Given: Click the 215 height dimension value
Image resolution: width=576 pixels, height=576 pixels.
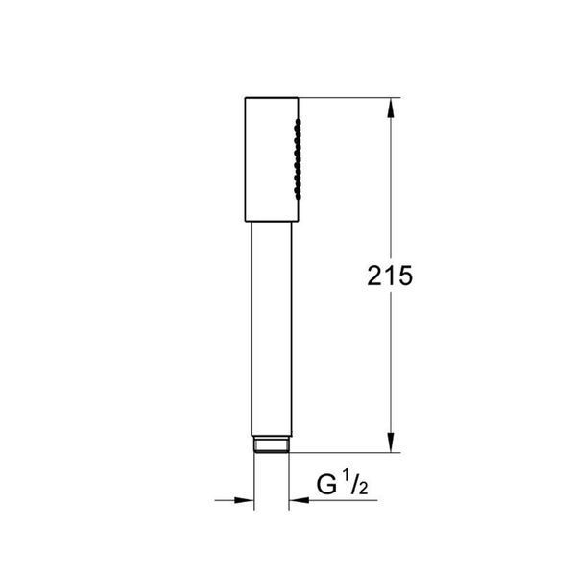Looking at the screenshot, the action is coord(390,276).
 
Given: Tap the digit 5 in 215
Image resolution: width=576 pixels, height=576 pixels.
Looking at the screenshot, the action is coord(405,276).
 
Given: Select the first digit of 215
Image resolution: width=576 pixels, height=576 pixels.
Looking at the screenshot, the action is coord(374,276).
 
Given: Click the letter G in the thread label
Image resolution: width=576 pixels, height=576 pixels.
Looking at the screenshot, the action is coord(326,485).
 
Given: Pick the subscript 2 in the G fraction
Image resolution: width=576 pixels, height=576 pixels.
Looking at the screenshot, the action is coord(363,489).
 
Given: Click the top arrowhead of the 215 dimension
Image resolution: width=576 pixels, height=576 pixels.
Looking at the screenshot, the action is coord(391,108).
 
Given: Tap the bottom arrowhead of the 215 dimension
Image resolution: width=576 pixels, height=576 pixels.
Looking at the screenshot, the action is coord(391,443).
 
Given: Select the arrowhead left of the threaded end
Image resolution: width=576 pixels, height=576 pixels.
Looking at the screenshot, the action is coord(244,500).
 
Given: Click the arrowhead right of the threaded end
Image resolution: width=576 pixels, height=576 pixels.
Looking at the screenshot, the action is coord(299,500).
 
